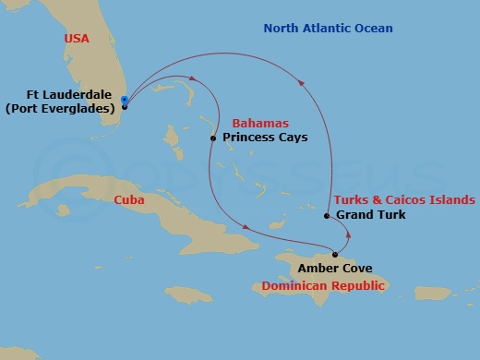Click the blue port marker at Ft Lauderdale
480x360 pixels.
coord(124,102)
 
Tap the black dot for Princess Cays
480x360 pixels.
coord(213,138)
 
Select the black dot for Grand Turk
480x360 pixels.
coord(327,216)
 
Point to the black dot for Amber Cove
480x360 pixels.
coord(335,254)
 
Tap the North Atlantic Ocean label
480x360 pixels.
coord(328,29)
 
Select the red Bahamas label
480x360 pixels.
coord(259,123)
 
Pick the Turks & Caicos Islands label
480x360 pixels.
coord(404,199)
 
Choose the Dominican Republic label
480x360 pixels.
coord(322,285)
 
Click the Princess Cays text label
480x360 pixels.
coord(265,138)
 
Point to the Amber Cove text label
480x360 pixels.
coord(335,269)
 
